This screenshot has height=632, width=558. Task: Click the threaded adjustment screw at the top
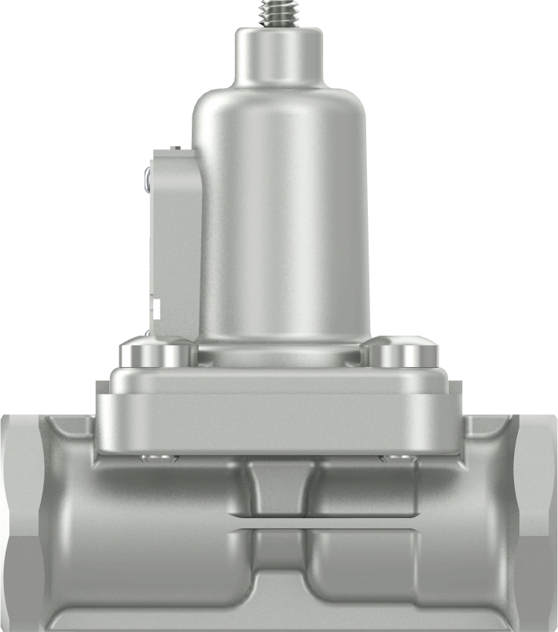point(279,12)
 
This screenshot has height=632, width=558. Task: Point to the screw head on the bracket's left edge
point(148,179)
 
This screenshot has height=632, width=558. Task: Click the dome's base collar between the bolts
point(279,355)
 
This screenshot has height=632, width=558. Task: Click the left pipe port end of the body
point(20,519)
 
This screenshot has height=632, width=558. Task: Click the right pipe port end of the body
point(538,519)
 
